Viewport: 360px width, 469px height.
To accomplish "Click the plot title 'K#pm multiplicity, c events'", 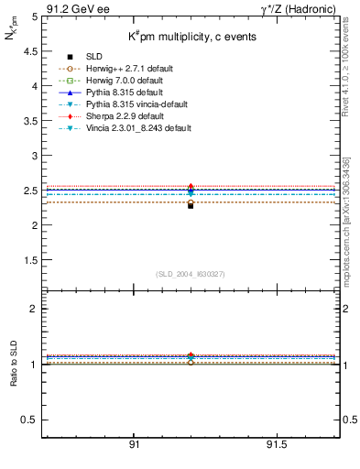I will coord(191,37).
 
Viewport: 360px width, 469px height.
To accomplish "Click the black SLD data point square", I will coord(191,205).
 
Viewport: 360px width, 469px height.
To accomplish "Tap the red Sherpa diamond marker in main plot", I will coord(191,186).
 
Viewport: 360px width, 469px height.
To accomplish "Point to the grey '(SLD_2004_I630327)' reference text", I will coord(191,273).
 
